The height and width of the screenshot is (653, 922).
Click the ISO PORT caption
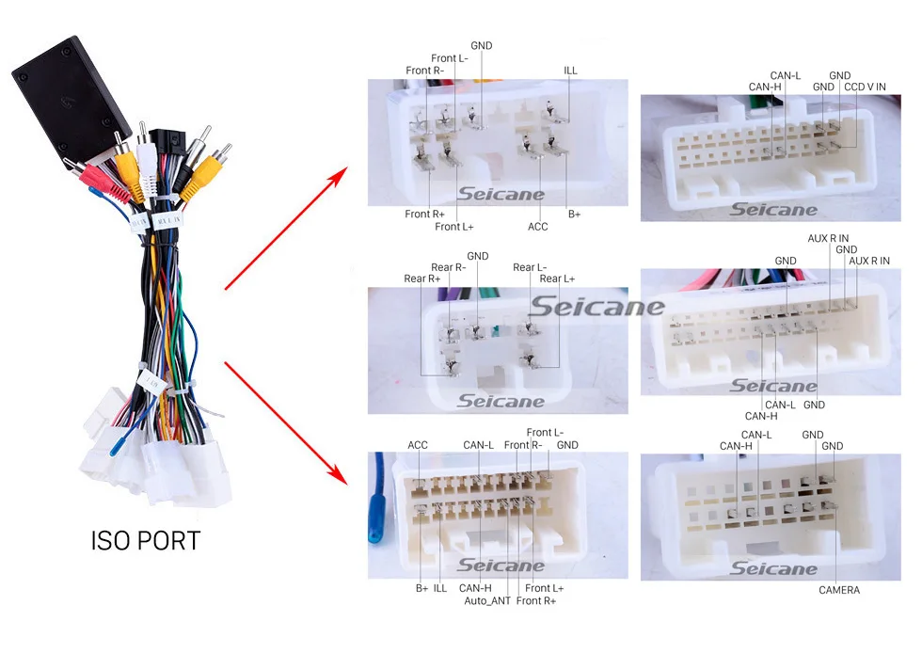click(146, 541)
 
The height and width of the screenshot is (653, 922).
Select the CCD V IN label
click(865, 87)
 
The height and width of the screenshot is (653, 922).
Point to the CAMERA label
click(838, 590)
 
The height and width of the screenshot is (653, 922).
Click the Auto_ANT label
click(486, 600)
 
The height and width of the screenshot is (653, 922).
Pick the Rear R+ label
click(422, 279)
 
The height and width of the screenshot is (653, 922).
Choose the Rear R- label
click(447, 267)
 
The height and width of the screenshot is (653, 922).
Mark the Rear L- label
click(530, 267)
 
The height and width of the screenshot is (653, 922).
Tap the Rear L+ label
click(557, 279)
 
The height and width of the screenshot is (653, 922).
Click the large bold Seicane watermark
click(596, 308)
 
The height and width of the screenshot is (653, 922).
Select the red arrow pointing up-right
click(288, 227)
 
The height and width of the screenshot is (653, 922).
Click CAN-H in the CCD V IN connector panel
click(765, 87)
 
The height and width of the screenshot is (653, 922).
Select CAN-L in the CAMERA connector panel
click(756, 435)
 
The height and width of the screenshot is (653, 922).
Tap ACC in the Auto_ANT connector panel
click(418, 445)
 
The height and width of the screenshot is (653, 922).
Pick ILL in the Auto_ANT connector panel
click(440, 588)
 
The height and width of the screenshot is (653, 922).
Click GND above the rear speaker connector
click(478, 256)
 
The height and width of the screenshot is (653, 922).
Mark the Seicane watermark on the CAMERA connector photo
click(773, 568)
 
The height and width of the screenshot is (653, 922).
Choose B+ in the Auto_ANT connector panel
click(421, 588)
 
